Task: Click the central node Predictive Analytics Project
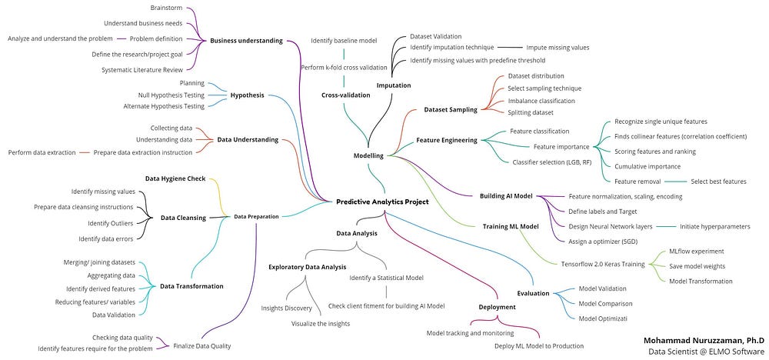(382, 202)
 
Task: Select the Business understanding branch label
(246, 41)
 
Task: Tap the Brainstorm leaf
(166, 8)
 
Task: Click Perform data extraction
(42, 152)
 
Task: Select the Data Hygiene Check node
(175, 178)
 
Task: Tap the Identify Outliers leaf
(110, 223)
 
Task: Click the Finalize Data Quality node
(202, 346)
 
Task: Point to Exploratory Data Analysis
(308, 267)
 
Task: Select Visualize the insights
(321, 324)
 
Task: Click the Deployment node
(498, 307)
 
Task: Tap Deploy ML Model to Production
(539, 346)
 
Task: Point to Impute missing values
(558, 48)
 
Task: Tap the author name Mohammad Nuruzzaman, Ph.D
(704, 340)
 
